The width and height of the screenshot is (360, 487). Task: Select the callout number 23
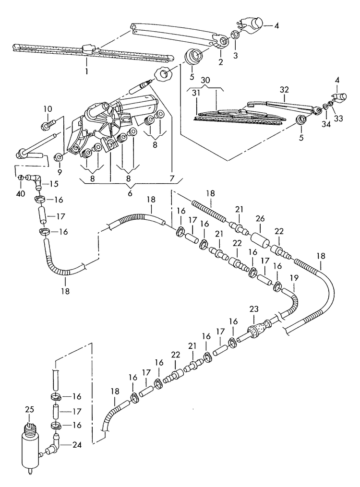254,310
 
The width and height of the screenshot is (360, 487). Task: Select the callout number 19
294,277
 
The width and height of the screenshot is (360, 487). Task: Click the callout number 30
205,80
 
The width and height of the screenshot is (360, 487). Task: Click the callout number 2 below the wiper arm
220,62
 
